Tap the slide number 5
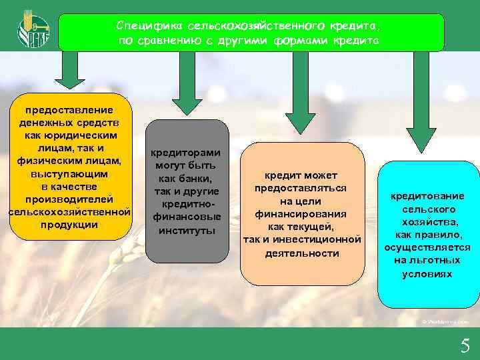pyautogui.click(x=465, y=345)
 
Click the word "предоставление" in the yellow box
pyautogui.click(x=69, y=109)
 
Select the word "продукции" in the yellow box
pyautogui.click(x=69, y=225)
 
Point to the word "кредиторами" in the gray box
pyautogui.click(x=187, y=152)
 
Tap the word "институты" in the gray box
pyautogui.click(x=187, y=231)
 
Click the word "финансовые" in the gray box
pyautogui.click(x=187, y=217)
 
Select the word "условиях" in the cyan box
pyautogui.click(x=427, y=274)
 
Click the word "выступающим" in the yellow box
pyautogui.click(x=69, y=173)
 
